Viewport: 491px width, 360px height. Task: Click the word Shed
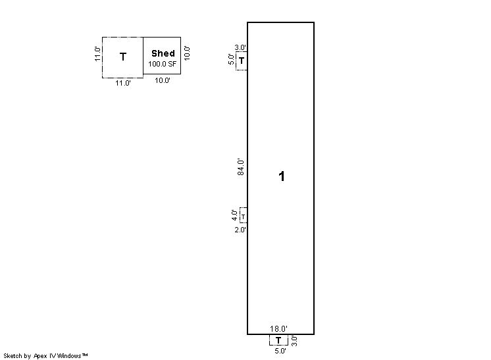(163, 53)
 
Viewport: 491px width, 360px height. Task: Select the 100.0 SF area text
(162, 64)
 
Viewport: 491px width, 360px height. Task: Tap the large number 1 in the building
(282, 176)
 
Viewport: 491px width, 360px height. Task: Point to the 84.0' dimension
(240, 167)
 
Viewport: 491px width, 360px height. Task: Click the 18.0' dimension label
(278, 328)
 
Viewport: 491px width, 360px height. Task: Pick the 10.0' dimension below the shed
(162, 80)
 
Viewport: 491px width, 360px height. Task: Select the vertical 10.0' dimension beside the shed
(187, 53)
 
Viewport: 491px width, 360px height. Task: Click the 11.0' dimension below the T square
(123, 84)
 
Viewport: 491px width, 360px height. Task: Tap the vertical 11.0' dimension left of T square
(97, 54)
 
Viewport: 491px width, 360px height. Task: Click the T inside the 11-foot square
(123, 57)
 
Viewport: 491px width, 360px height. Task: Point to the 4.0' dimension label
(234, 215)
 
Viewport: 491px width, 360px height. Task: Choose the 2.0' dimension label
(240, 230)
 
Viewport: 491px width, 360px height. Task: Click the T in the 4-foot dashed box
(244, 216)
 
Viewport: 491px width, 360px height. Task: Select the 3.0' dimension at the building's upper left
(240, 48)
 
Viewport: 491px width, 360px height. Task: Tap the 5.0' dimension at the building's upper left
(231, 59)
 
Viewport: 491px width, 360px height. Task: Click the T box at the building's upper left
(242, 61)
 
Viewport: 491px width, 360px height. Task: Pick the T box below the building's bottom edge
(278, 340)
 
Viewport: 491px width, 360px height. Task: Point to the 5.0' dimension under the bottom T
(280, 351)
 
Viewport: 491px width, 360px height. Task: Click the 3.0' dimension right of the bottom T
(294, 341)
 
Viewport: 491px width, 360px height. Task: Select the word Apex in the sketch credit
(40, 356)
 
